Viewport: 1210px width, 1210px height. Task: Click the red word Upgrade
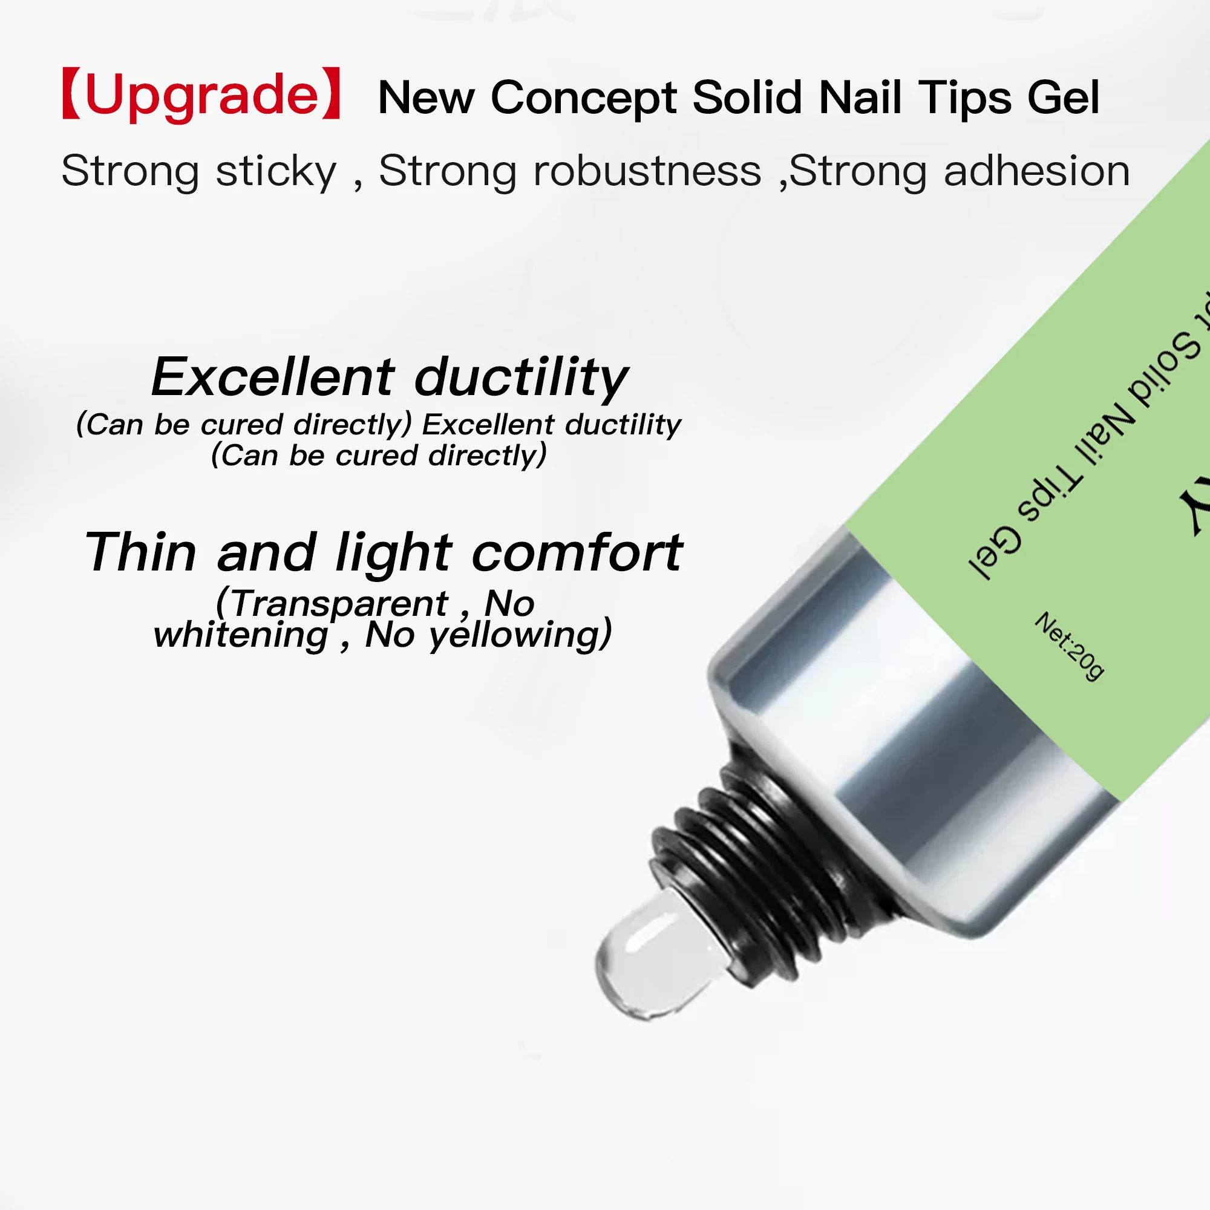point(201,95)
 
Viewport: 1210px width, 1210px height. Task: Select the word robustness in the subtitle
point(647,171)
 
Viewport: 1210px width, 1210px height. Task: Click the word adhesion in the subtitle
point(1036,171)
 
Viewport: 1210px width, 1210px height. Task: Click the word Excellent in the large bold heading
point(273,377)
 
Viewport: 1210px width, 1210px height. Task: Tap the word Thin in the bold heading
point(141,552)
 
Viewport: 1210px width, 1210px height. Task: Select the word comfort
point(577,552)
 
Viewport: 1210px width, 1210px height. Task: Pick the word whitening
point(241,635)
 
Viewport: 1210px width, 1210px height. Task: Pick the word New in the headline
point(427,99)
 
